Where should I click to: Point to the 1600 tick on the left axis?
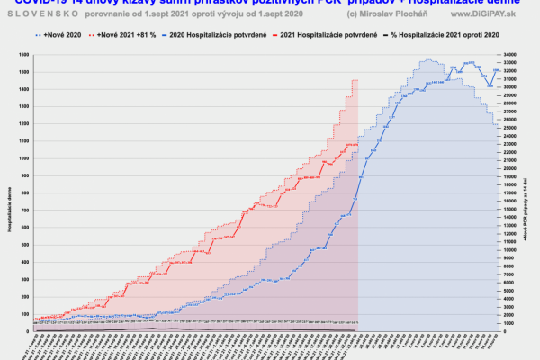25,55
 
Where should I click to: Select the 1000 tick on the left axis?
25,158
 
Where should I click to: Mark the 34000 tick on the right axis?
509,55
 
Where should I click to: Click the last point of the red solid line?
357,144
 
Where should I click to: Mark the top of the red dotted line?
355,80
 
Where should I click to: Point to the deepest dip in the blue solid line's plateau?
488,86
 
